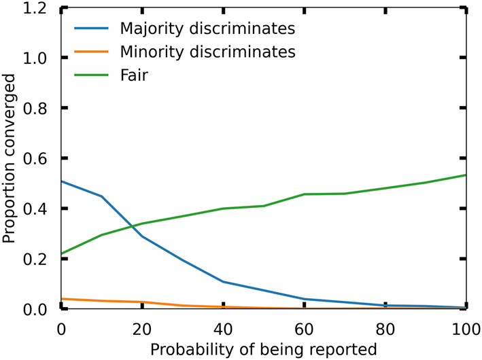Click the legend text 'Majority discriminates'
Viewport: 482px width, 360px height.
tap(207, 29)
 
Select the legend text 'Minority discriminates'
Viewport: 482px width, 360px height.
tap(207, 52)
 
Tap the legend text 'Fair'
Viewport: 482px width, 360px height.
tap(134, 75)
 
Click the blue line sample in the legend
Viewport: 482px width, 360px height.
tap(92, 29)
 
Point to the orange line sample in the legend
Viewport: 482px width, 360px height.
tap(92, 52)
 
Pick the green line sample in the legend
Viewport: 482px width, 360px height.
tap(92, 75)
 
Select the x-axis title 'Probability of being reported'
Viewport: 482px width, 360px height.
tap(263, 349)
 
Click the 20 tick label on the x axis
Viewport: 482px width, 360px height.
tap(142, 327)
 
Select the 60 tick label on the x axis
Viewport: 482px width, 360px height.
tap(304, 327)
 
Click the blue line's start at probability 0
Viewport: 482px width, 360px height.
tap(62, 181)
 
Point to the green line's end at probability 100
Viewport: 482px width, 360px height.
tap(466, 175)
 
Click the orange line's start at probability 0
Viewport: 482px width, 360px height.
tap(62, 299)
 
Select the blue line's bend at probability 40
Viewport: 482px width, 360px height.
tap(223, 282)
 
